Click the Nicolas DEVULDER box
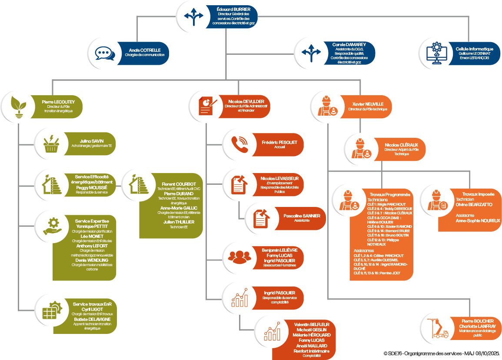pos(246,106)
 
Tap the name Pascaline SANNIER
pos(301,215)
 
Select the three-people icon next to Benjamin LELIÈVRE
pos(239,257)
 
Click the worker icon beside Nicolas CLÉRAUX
pos(361,149)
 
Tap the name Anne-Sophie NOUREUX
pos(478,221)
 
